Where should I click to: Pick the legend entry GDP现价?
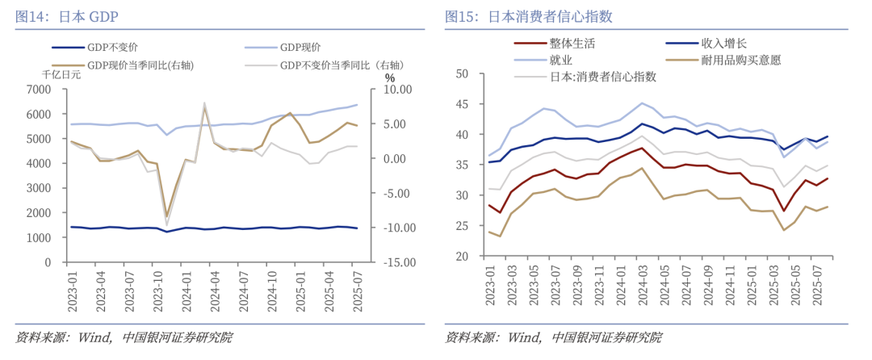300,48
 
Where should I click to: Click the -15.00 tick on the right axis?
397,263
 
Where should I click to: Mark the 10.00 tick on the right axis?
399,89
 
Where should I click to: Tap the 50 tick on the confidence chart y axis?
463,73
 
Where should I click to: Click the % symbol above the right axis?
390,77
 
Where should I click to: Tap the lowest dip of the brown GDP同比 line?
166,217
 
